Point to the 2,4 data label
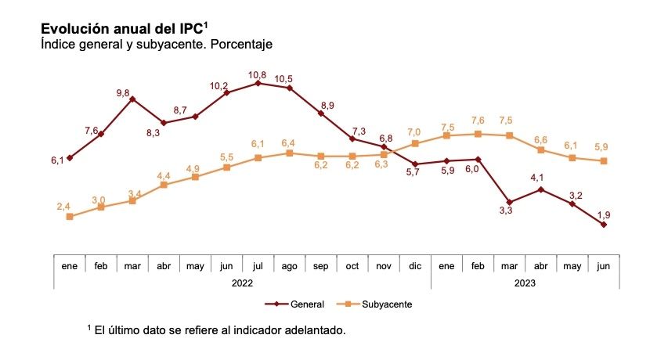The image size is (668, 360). click(x=64, y=206)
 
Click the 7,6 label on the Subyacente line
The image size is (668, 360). click(x=477, y=121)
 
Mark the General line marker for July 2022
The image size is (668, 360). click(x=258, y=83)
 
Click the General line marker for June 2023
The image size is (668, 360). click(x=604, y=225)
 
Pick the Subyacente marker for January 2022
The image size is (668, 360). click(x=70, y=217)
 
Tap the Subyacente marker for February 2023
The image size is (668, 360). click(x=478, y=134)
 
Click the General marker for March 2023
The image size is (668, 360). click(x=510, y=203)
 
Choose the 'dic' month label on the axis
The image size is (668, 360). click(x=415, y=266)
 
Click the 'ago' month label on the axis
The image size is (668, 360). click(x=290, y=266)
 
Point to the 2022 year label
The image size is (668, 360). click(x=243, y=283)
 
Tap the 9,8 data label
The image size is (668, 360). click(x=123, y=93)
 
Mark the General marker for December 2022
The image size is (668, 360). click(x=415, y=164)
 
